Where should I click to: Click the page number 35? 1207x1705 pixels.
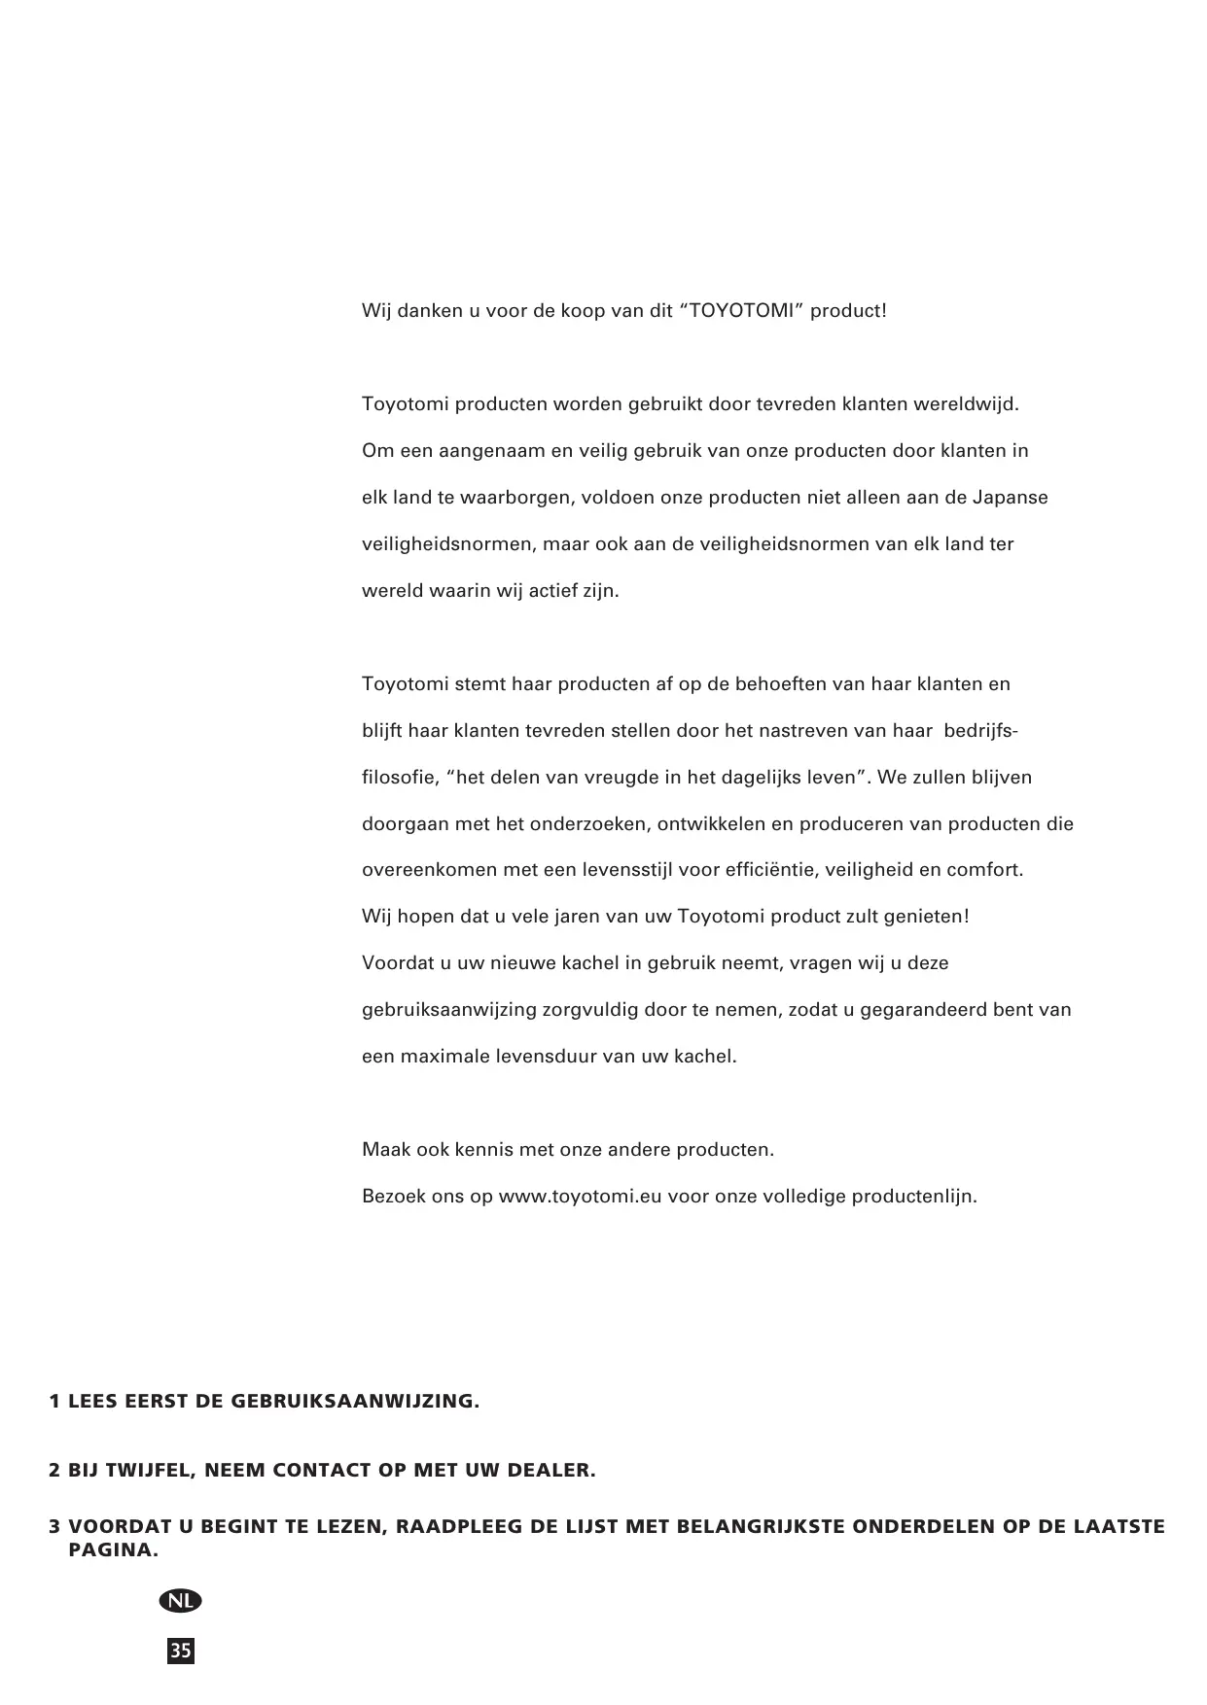(181, 1651)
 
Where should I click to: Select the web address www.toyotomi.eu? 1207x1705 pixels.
(580, 1197)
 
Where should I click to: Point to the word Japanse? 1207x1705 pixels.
(1010, 498)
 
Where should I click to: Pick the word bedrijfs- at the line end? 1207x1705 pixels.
(981, 731)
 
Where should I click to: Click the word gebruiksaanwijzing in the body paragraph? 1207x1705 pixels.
(448, 1010)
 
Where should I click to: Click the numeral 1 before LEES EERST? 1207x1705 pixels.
(55, 1402)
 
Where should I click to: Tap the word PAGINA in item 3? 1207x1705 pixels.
(113, 1549)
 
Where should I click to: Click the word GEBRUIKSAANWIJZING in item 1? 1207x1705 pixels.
(356, 1402)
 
